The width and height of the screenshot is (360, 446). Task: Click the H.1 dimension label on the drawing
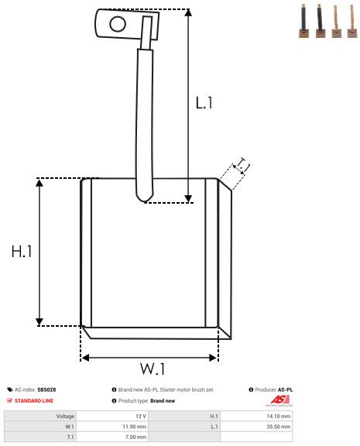coord(22,252)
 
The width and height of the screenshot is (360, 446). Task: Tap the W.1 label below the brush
coord(153,367)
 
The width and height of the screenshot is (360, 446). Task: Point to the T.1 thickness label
coord(242,165)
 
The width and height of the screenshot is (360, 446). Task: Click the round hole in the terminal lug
coord(117,23)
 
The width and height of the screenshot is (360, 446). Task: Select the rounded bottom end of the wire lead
coord(143,197)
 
